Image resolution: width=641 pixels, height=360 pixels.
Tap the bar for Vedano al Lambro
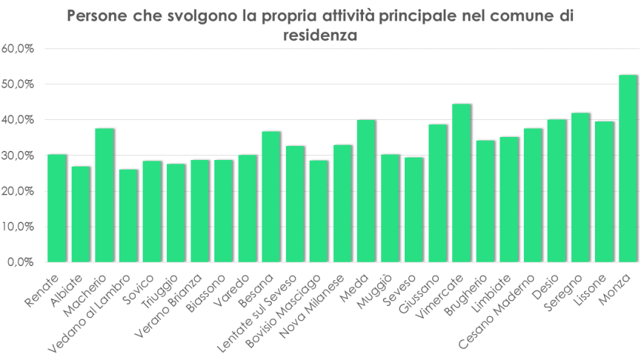point(128,216)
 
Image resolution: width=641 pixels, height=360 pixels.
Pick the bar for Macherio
point(104,196)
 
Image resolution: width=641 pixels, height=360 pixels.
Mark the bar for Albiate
point(81,214)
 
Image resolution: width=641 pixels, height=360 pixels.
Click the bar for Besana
point(271,197)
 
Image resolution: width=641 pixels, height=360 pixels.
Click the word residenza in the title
point(320,34)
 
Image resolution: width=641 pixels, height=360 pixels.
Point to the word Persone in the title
point(98,16)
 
